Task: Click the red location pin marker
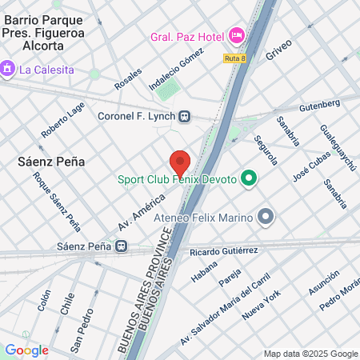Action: [x=180, y=162]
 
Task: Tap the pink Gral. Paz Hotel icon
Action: [x=236, y=35]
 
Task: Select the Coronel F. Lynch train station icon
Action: [x=185, y=116]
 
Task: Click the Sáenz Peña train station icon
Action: [x=122, y=246]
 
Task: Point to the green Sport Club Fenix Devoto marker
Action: [x=249, y=179]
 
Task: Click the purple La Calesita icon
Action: [x=10, y=69]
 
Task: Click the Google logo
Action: [x=26, y=350]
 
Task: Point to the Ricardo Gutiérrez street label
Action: [x=223, y=252]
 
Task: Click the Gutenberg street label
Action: [x=319, y=106]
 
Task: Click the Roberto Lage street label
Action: [x=63, y=120]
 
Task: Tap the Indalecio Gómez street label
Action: [x=177, y=74]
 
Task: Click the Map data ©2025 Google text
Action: [x=311, y=354]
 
